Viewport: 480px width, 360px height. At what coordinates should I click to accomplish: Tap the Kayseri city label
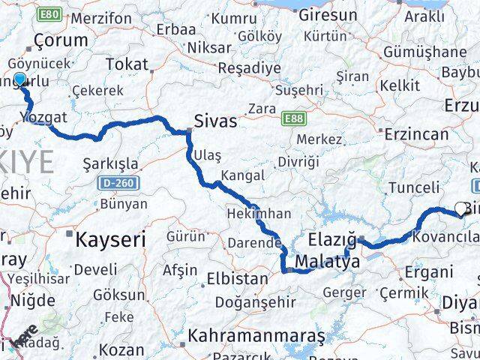pos(109,239)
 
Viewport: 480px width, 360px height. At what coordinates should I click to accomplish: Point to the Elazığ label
pos(332,241)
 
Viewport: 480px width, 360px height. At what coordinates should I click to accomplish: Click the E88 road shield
pos(293,118)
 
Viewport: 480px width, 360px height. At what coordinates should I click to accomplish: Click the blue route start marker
pos(20,79)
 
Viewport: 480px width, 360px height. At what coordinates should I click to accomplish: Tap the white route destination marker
pos(460,209)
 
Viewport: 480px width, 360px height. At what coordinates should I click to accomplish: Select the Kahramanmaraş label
pos(256,334)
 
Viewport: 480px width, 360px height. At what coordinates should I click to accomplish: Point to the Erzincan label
pos(416,134)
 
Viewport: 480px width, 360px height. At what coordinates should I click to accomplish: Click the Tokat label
pos(127,64)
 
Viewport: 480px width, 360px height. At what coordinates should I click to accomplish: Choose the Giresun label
pos(327,14)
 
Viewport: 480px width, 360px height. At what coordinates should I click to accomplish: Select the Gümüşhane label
pos(424,52)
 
